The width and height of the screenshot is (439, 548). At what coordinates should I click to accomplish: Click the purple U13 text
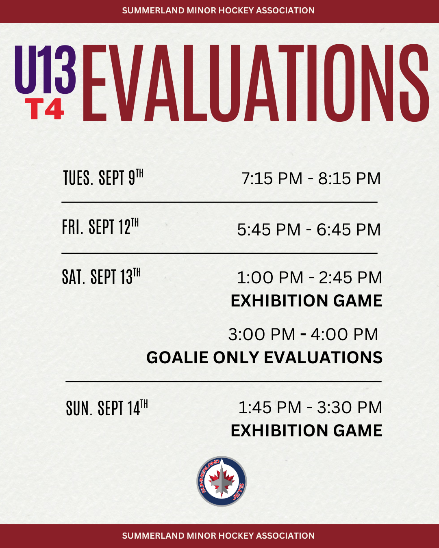[45, 69]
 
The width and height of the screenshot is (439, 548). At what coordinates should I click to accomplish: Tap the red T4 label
[44, 109]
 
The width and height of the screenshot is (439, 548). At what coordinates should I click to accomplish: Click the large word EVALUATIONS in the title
[256, 83]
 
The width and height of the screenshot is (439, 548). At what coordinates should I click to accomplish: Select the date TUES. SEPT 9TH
[103, 177]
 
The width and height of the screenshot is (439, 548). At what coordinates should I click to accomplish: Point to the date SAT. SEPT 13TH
[101, 276]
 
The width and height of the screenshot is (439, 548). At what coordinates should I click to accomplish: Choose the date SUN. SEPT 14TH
[107, 408]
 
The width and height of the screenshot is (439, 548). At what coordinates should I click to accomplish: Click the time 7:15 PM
[272, 178]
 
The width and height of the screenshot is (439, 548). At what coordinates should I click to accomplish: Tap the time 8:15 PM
[350, 178]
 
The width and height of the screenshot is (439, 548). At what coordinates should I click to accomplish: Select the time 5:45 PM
[269, 229]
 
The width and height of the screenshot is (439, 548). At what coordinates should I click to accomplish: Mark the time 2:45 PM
[350, 277]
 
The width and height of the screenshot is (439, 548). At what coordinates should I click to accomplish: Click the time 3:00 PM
[262, 334]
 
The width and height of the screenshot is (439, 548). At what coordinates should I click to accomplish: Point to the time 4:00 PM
[344, 334]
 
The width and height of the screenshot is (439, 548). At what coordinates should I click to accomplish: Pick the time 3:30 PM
[350, 407]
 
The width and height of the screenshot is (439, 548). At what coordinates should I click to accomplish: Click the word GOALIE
[177, 357]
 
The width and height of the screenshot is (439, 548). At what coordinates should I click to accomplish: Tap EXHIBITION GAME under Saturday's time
[306, 300]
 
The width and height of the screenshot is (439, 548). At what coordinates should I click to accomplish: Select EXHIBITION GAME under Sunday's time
[306, 430]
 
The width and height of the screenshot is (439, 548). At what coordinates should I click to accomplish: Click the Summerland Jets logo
[222, 481]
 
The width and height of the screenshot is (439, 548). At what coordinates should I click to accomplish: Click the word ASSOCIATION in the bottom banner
[285, 536]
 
